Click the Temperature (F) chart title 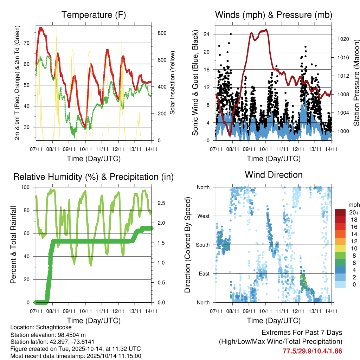pyautogui.click(x=94, y=15)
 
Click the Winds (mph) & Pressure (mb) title pyautogui.click(x=274, y=15)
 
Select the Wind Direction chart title pyautogui.click(x=274, y=175)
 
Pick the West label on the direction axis pyautogui.click(x=203, y=216)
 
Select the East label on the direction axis pyautogui.click(x=204, y=274)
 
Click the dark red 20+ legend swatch pyautogui.click(x=341, y=212)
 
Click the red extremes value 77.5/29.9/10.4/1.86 pyautogui.click(x=313, y=351)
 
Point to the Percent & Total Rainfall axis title pyautogui.click(x=13, y=245)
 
